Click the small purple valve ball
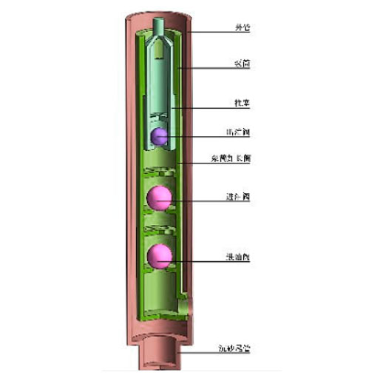[157, 135]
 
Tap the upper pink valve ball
[159, 198]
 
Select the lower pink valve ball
[159, 256]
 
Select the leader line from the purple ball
[196, 135]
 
